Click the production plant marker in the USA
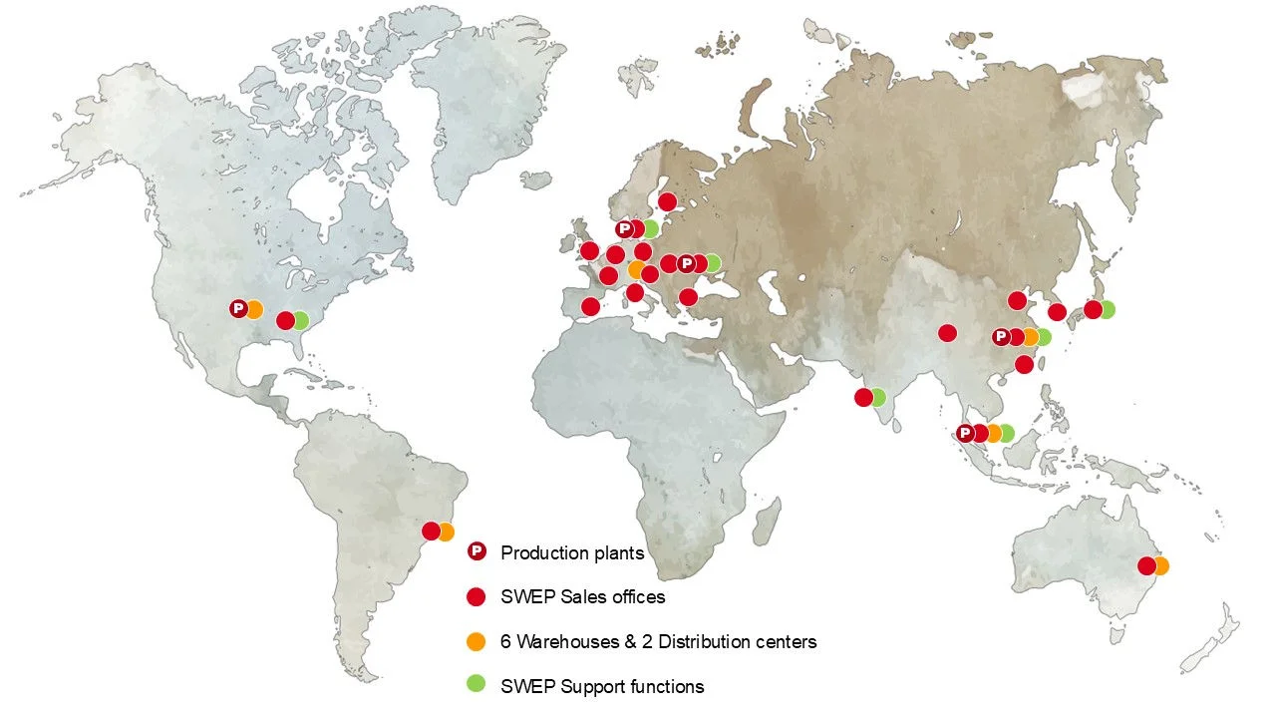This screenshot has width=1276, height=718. [238, 309]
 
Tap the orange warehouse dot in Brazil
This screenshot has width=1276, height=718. [445, 532]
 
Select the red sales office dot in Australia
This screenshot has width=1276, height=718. [1146, 566]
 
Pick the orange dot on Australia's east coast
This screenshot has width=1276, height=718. [1160, 566]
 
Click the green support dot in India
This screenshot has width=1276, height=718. [877, 398]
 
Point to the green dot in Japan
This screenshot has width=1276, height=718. [1106, 310]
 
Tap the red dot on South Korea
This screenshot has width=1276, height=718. [1058, 312]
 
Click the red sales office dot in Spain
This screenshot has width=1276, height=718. [590, 306]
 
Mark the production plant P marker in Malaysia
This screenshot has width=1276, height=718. [964, 433]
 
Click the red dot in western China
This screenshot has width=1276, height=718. [947, 333]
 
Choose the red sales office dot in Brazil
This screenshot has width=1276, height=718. [431, 532]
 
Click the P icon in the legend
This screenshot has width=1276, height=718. [477, 551]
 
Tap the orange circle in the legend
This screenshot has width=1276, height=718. [477, 642]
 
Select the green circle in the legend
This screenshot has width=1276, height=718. [477, 684]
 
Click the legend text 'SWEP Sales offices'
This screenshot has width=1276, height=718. [582, 597]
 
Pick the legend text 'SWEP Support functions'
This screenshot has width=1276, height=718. [602, 686]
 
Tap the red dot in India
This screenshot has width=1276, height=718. [863, 398]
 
